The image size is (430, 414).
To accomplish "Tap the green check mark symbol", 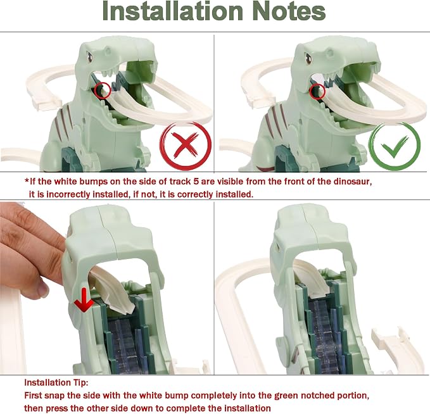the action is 395,147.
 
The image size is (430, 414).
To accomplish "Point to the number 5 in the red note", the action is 196,182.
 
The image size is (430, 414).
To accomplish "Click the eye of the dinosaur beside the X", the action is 89,56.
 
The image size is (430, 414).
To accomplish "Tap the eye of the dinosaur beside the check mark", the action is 308,58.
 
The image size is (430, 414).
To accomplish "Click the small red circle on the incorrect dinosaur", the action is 103,90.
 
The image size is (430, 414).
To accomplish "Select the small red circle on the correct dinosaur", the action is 317,91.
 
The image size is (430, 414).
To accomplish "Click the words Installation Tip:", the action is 56,382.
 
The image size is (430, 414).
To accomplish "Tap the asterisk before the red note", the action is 27,180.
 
